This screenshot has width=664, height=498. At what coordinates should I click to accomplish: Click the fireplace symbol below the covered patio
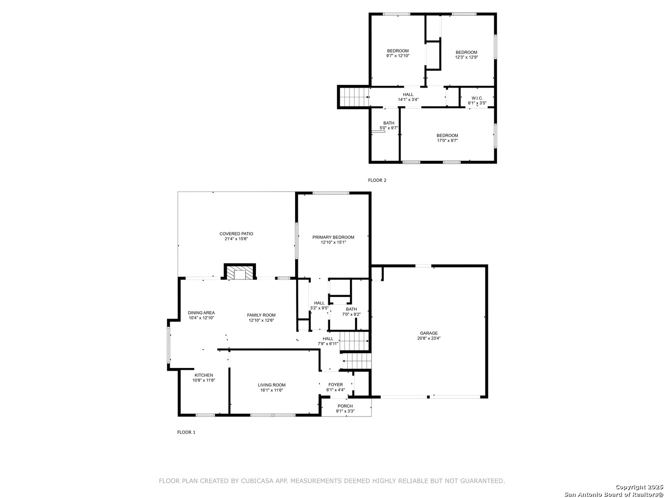coord(240,271)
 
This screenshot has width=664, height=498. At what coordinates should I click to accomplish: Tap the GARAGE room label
coord(429,333)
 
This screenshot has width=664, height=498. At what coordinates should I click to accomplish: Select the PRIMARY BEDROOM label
coord(333,237)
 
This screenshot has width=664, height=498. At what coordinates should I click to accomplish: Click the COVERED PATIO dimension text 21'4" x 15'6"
coord(236,239)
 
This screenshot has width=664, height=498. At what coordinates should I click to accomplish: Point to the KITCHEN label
coord(204,375)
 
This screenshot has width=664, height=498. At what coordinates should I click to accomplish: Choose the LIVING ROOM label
coord(271,385)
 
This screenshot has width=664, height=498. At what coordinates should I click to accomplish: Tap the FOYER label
coord(336,385)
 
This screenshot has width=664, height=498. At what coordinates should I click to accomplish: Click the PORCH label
coord(345,406)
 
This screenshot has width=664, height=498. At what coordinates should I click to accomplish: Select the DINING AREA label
coord(201,313)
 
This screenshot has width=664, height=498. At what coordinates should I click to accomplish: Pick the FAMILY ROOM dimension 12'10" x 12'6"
coord(261,320)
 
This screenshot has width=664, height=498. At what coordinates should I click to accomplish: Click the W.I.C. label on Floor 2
coord(477,98)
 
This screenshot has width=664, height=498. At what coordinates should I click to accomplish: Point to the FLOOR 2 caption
coord(377,180)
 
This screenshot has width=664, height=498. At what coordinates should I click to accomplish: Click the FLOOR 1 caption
coord(186,432)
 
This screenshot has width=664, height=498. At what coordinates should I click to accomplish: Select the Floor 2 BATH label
coord(389,123)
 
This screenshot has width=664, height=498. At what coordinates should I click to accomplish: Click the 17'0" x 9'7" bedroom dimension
coord(447,141)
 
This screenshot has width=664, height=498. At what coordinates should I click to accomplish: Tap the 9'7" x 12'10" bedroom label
coord(398,56)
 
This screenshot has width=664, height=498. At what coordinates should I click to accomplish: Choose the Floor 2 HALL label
coord(408,95)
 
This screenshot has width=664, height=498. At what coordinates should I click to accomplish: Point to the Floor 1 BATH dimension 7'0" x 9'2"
coord(351,314)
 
